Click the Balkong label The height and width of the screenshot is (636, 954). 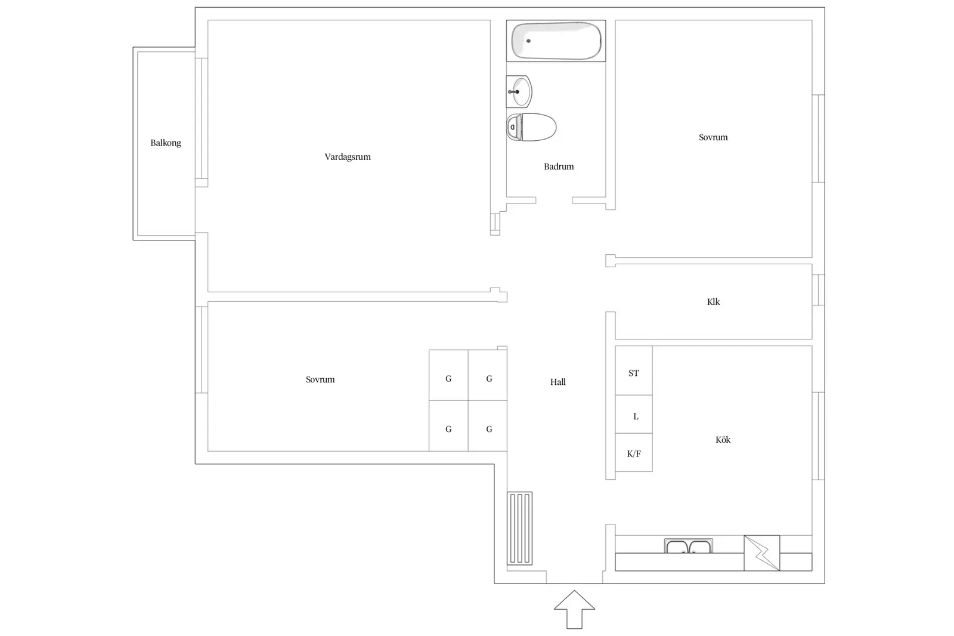[x=166, y=143]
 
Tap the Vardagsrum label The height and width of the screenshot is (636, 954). [x=348, y=157]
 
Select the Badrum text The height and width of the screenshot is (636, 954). [x=558, y=166]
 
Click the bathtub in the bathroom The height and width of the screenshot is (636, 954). [x=556, y=41]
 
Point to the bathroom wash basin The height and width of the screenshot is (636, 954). [x=519, y=92]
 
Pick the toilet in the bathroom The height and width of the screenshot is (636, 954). [x=531, y=127]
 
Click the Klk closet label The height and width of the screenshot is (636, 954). [x=713, y=302]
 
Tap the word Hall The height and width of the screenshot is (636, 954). [x=558, y=382]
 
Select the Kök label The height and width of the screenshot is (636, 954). [x=723, y=440]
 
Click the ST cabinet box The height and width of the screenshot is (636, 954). [x=634, y=371]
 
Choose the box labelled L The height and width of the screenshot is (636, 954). [x=634, y=414]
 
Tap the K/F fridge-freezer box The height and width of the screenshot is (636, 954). [x=634, y=452]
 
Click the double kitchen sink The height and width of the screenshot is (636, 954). [x=688, y=546]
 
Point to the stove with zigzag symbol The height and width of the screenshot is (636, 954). [x=762, y=553]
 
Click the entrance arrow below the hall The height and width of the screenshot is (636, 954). [x=574, y=609]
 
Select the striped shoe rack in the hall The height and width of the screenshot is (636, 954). [x=519, y=528]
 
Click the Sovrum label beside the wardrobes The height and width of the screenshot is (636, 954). [x=320, y=379]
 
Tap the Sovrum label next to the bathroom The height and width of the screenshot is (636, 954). [x=713, y=137]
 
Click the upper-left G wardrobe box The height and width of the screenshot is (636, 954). [x=448, y=375]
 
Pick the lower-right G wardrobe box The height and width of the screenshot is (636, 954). [x=488, y=426]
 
